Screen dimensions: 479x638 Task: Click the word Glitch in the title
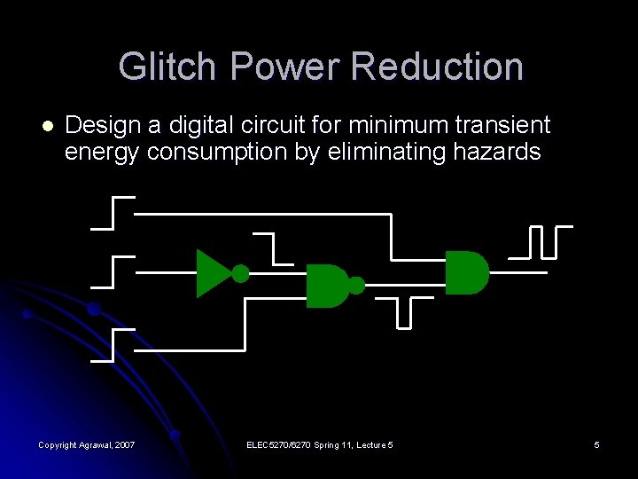[x=167, y=67]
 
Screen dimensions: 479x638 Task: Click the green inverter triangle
[x=212, y=272]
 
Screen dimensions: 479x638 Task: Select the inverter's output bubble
[x=240, y=272]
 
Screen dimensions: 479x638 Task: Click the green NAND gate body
[x=325, y=286]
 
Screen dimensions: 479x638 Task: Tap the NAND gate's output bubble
[x=356, y=286]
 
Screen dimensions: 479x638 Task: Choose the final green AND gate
[x=466, y=272]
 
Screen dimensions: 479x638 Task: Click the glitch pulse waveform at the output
[x=541, y=241]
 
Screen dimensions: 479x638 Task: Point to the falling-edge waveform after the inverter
[x=274, y=248]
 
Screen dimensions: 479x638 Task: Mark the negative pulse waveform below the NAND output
[x=404, y=312]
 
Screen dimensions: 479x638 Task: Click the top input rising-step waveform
[x=113, y=213]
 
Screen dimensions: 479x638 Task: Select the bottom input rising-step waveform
[x=113, y=345]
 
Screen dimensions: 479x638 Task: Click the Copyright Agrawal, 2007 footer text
[x=87, y=444]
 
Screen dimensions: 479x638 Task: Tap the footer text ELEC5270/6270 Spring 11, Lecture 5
[x=320, y=444]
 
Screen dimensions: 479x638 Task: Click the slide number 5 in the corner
[x=596, y=444]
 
